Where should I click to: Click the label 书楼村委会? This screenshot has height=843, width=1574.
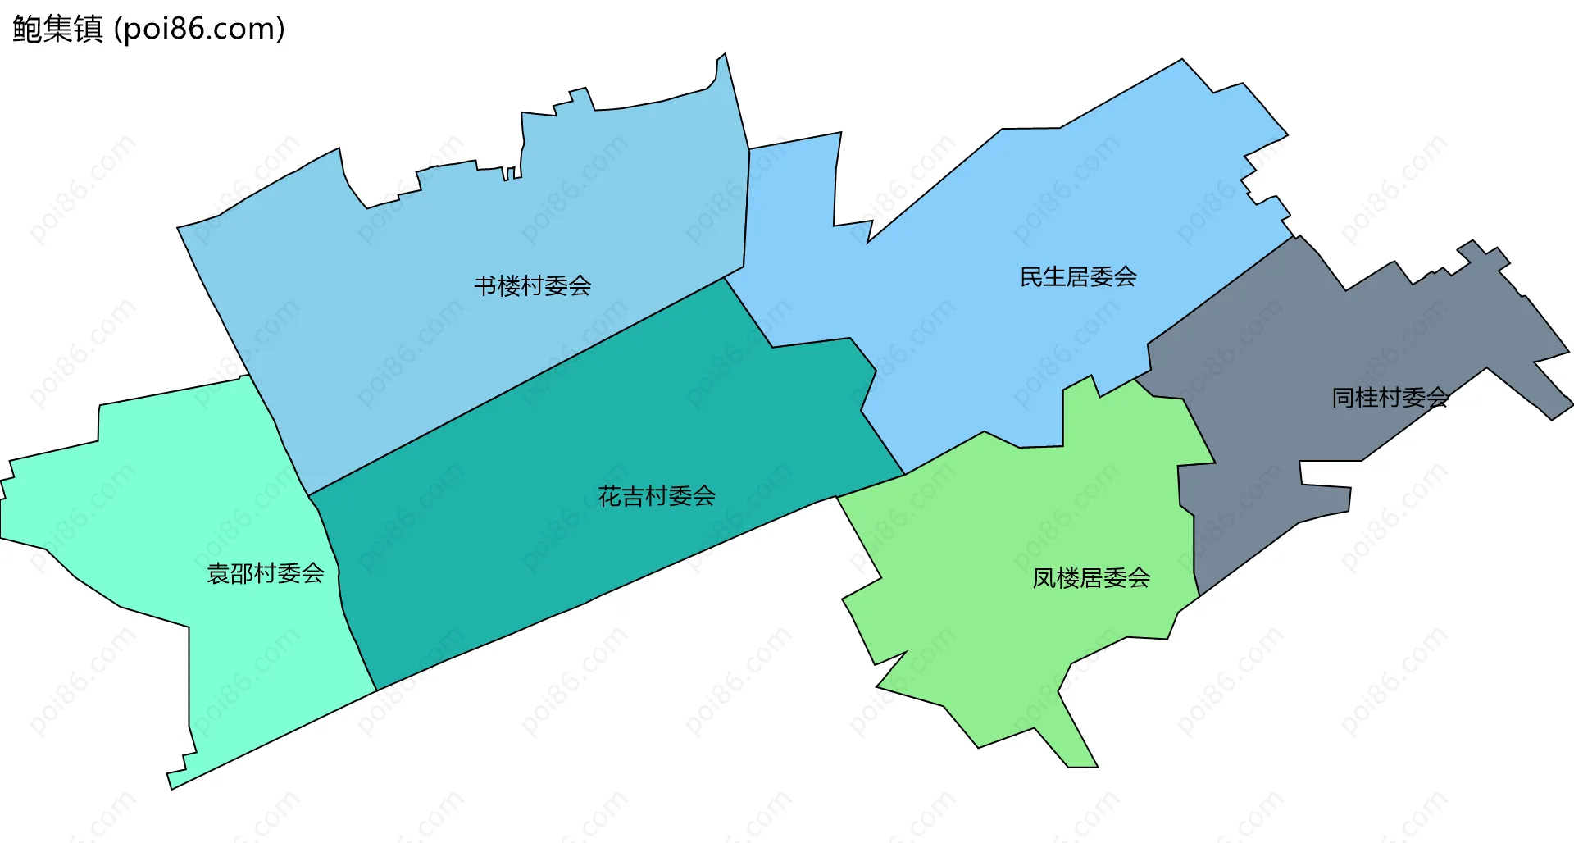[x=533, y=286]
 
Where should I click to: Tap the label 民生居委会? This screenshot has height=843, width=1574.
[x=1078, y=277]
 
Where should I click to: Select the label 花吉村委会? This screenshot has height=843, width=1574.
[x=657, y=496]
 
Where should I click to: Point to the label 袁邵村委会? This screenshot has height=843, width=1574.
[x=266, y=573]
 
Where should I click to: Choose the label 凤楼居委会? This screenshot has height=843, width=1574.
[x=1091, y=578]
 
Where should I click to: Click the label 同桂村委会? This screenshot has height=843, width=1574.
[x=1390, y=398]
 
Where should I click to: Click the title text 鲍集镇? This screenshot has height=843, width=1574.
[x=57, y=29]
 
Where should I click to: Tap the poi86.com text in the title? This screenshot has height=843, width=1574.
[x=199, y=29]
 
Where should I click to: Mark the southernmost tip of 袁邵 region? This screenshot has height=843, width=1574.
[x=171, y=788]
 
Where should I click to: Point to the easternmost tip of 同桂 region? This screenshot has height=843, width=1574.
[x=1572, y=403]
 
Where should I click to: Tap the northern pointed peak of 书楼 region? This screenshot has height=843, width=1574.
[x=725, y=55]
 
